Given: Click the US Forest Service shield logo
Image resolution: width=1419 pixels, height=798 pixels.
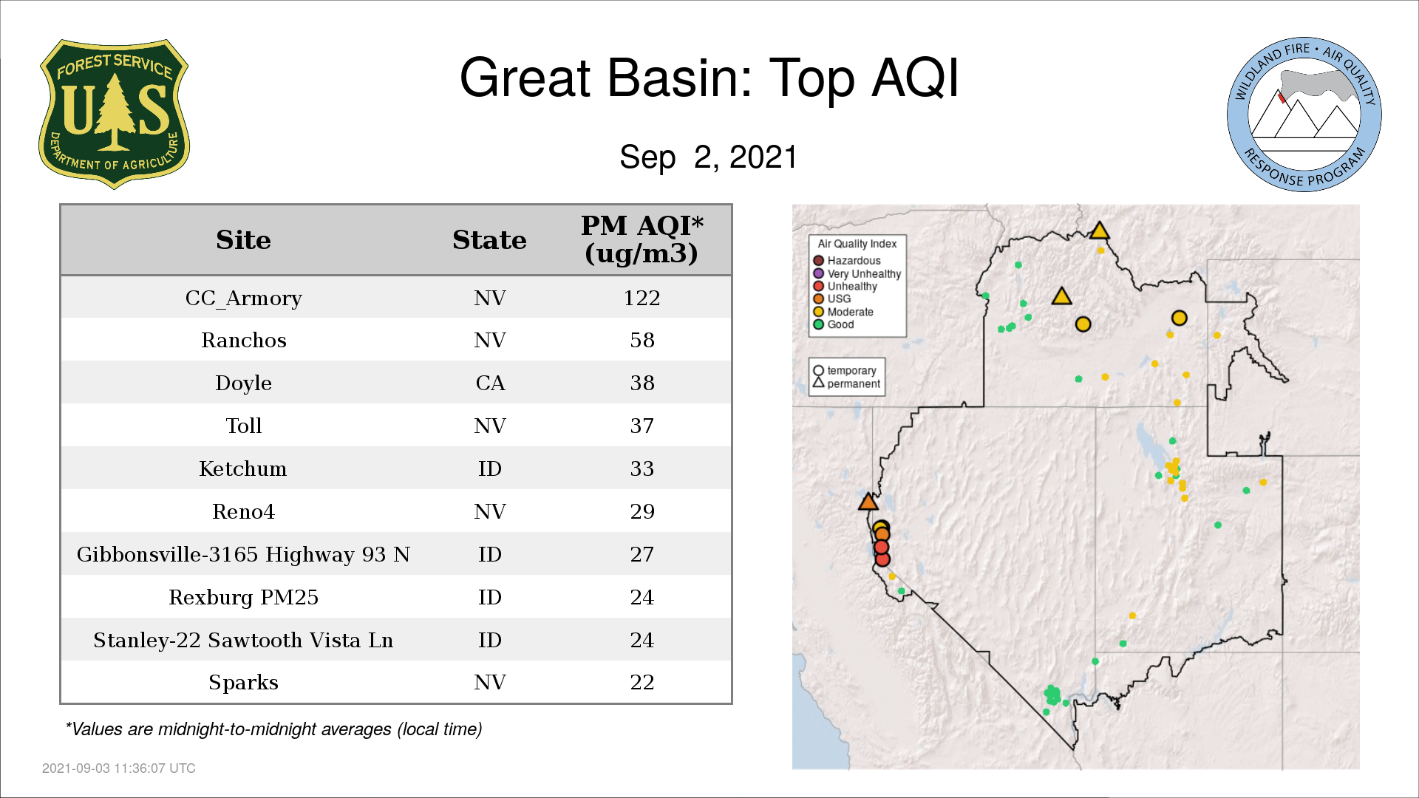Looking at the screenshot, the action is (114, 114).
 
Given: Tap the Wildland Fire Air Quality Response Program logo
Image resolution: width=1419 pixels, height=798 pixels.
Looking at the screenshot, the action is (1304, 115).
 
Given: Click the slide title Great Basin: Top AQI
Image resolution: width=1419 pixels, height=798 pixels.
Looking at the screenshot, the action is (709, 78).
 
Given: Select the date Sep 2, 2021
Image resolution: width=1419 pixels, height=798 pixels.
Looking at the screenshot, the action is (709, 157).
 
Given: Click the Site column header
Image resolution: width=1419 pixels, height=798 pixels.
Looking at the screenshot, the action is (243, 240).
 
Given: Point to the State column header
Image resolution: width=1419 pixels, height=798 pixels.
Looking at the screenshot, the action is (489, 240).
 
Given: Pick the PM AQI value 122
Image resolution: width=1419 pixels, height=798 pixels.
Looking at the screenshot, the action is (642, 298).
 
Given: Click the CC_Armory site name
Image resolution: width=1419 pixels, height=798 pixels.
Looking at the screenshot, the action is (243, 299).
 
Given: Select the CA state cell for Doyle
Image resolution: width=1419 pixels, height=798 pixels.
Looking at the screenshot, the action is (490, 383).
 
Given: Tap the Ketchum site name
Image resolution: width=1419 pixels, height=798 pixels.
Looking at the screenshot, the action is (243, 468).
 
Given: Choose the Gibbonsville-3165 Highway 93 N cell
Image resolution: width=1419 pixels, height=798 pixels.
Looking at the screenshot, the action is (243, 554).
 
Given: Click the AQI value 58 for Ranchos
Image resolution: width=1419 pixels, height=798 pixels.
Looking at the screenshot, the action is (642, 340).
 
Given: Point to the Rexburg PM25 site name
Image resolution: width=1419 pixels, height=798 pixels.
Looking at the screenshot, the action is (243, 597).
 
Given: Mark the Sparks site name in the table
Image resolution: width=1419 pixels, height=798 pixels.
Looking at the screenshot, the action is (243, 683).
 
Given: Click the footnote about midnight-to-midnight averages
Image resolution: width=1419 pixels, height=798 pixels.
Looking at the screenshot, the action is (273, 729).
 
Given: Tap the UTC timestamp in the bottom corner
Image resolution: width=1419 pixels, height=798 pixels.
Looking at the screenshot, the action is (119, 768).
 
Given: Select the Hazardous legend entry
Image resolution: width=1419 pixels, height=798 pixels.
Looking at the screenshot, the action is (847, 261).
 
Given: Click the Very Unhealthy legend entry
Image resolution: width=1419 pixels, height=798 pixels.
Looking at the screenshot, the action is (857, 273).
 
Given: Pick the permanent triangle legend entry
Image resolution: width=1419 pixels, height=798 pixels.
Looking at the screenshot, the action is (847, 383).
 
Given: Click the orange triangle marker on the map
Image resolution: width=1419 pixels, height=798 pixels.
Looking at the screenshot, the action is (868, 502).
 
